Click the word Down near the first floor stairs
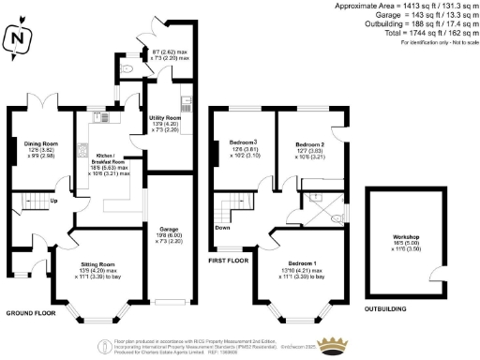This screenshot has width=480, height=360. (222, 227)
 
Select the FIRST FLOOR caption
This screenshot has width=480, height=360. (229, 259)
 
